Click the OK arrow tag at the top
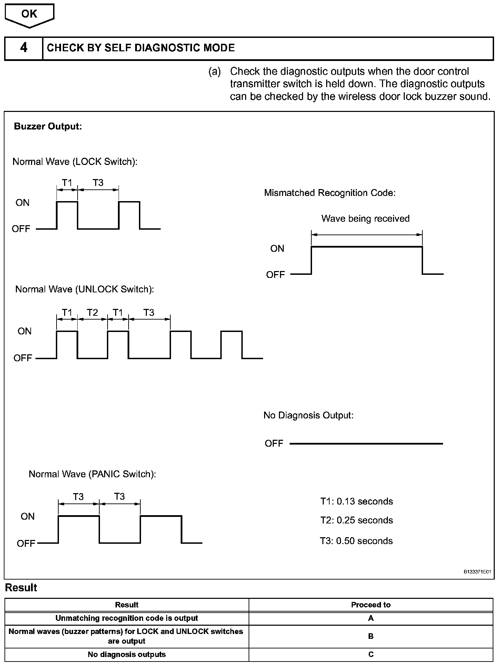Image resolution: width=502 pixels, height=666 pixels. (29, 14)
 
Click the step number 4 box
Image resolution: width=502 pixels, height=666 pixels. (23, 48)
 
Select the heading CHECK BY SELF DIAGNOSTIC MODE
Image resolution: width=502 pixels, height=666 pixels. (141, 48)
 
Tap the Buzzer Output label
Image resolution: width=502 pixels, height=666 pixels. (48, 126)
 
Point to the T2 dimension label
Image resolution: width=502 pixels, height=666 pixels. (92, 312)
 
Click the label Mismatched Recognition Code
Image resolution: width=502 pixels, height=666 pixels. (330, 193)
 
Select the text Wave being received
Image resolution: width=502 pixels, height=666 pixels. (365, 219)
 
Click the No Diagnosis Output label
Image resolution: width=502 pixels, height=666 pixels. (308, 415)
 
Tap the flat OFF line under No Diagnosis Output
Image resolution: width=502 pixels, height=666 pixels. (366, 444)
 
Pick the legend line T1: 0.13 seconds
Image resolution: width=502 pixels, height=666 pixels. (357, 501)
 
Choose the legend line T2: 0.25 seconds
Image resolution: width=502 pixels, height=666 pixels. (357, 520)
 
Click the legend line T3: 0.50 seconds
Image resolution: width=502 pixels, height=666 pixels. (356, 541)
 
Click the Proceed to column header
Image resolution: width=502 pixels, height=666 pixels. (371, 605)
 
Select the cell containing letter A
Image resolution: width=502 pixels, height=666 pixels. (371, 618)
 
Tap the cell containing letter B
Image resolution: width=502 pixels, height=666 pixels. (371, 636)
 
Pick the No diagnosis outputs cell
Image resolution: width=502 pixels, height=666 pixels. (127, 654)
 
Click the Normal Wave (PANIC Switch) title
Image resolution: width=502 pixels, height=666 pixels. (92, 474)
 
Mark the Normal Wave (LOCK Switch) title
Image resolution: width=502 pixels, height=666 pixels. (75, 162)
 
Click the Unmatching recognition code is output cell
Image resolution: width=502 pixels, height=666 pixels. (127, 618)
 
